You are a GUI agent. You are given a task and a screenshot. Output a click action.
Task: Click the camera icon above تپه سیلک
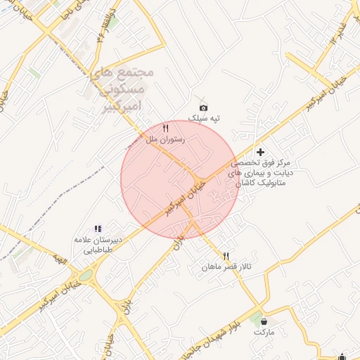tap(203, 108)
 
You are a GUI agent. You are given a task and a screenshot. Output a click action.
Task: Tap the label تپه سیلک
tap(204, 119)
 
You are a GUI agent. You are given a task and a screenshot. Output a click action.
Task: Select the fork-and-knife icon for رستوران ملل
tap(165, 128)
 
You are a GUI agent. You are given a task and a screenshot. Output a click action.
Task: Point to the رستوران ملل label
tap(165, 139)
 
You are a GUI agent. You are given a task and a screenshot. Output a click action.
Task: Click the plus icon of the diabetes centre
tap(260, 151)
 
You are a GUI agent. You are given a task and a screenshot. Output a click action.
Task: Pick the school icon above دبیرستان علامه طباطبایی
tap(98, 229)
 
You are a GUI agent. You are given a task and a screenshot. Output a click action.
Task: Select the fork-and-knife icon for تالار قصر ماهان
tap(226, 256)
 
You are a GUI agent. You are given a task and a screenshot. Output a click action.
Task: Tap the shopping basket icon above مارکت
tap(264, 321)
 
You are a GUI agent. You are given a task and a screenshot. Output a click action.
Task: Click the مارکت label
tap(264, 331)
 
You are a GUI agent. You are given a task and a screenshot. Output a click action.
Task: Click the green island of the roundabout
tap(85, 276)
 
